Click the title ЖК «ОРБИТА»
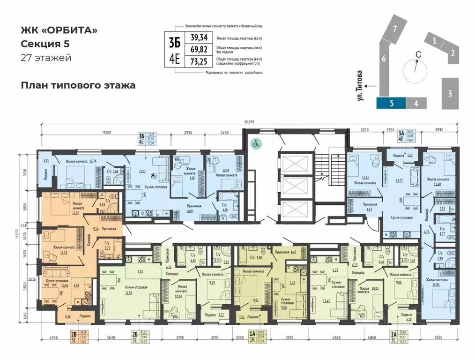coord(59,30)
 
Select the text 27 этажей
coord(46,58)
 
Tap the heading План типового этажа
coord(78,85)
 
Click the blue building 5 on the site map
coord(391,104)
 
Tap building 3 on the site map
coord(449,93)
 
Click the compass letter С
coord(419,55)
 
